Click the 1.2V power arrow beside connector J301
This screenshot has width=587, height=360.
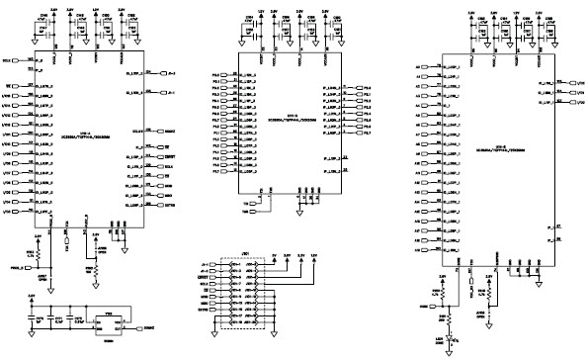pos(314,255)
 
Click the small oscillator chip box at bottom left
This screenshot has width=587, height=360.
pos(111,321)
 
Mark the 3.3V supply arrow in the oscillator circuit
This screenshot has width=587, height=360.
pos(32,297)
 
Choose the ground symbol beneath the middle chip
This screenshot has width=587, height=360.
pos(298,210)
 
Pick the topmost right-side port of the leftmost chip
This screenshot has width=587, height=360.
pos(171,74)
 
